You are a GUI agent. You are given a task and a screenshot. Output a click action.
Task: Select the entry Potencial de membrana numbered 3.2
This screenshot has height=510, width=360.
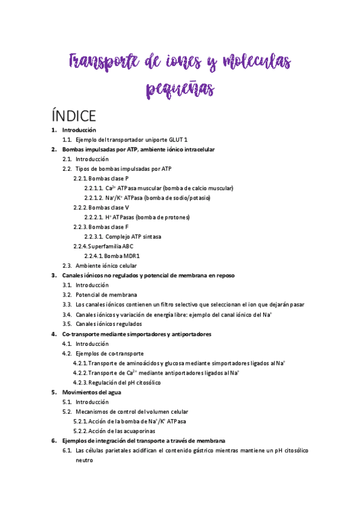tap(106, 295)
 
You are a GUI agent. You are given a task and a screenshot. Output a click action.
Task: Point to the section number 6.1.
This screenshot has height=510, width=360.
tap(67, 450)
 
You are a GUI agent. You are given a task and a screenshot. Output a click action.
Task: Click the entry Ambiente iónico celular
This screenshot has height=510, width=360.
tap(106, 266)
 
